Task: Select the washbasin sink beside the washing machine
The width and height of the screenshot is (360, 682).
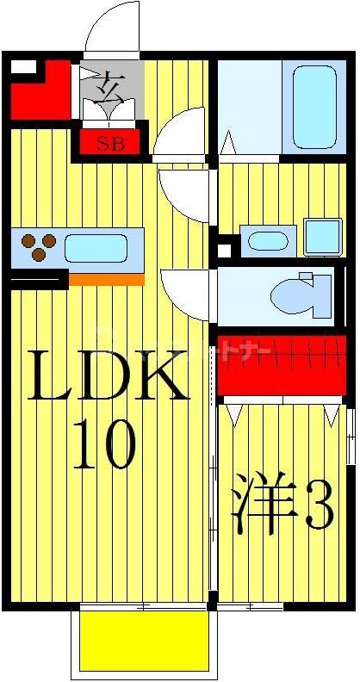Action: click(268, 240)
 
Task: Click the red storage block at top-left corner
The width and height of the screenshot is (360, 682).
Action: click(39, 90)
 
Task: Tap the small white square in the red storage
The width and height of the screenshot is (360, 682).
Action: click(23, 67)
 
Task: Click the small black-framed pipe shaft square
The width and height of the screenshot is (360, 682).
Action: click(225, 251)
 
